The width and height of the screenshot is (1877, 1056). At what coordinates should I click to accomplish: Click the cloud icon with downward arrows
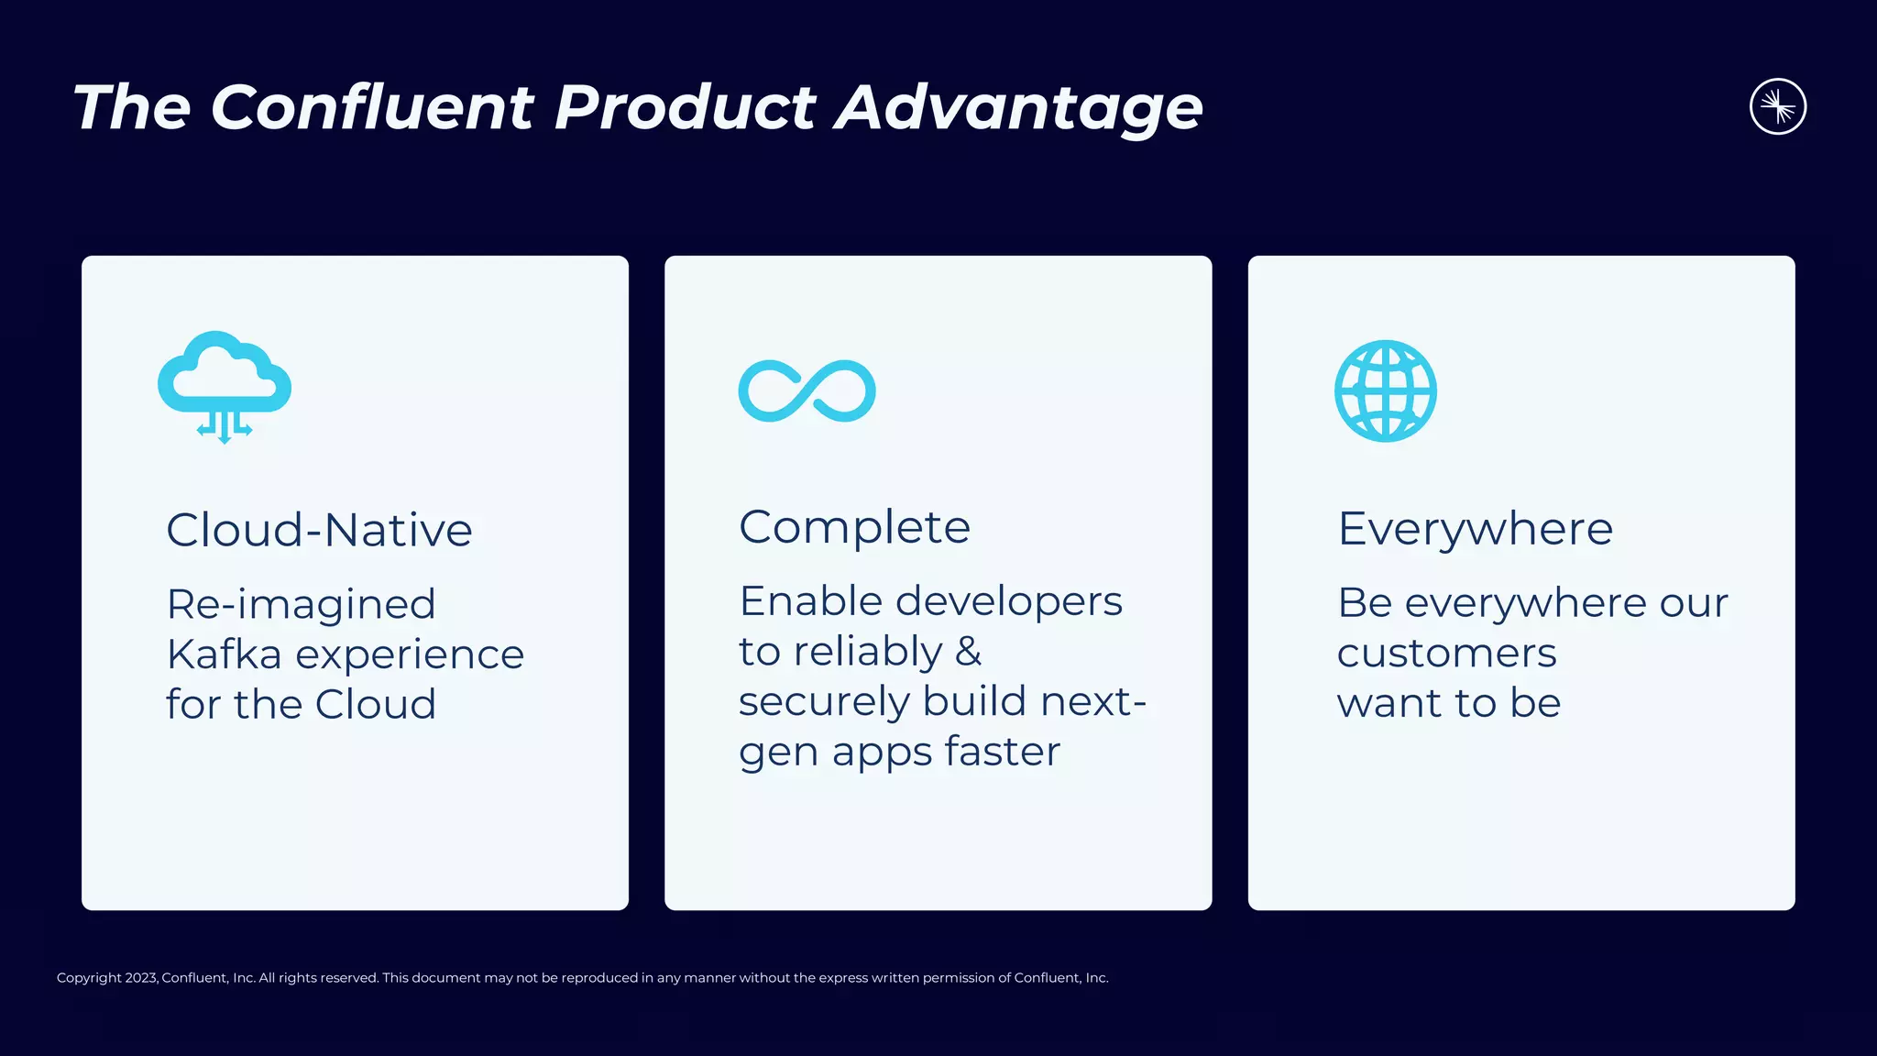click(225, 385)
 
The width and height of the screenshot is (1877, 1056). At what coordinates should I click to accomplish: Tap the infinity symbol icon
click(807, 391)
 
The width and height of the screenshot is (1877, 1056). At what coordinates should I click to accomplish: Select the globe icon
click(1385, 391)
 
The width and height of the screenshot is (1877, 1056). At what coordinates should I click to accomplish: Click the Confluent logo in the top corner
click(1777, 106)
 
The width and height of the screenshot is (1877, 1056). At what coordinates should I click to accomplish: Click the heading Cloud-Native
click(319, 530)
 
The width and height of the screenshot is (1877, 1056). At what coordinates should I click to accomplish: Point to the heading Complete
click(854, 527)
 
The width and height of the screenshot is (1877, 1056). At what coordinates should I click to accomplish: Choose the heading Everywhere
click(1475, 529)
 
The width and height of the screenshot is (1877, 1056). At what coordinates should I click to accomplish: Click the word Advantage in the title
click(1018, 107)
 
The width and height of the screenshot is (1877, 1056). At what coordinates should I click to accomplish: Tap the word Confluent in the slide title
click(372, 107)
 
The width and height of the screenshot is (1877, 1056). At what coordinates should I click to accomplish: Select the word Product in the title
click(685, 107)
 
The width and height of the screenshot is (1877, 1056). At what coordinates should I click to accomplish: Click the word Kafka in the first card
click(224, 654)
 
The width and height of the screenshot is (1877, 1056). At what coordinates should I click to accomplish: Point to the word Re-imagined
click(301, 605)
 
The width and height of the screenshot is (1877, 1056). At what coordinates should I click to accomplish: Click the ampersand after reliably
click(968, 652)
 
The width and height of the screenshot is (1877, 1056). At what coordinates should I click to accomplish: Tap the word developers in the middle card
click(1008, 602)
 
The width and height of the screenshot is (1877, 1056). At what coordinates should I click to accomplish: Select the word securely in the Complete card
click(824, 702)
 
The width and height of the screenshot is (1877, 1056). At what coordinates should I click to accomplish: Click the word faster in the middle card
click(1002, 752)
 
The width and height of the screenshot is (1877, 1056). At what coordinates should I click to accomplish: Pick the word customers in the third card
click(1446, 654)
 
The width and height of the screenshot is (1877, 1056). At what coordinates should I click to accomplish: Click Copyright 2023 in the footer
click(106, 978)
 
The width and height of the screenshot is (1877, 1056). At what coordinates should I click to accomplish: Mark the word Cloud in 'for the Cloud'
click(375, 705)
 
